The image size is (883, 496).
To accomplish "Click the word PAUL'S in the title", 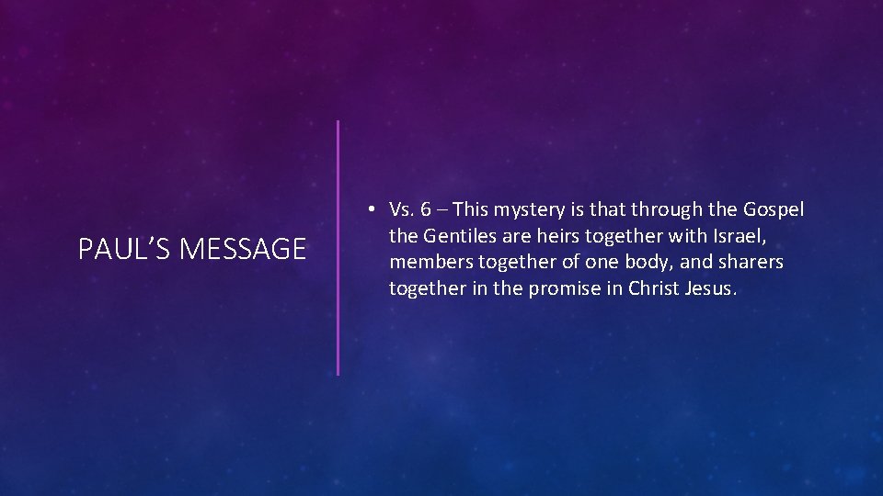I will pyautogui.click(x=114, y=249).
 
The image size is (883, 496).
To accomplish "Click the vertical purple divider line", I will pyautogui.click(x=338, y=248).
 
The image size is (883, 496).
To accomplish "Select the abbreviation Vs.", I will pyautogui.click(x=403, y=210).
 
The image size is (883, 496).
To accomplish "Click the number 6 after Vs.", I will pyautogui.click(x=426, y=210).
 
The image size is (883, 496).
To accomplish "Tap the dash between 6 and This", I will pyautogui.click(x=442, y=210).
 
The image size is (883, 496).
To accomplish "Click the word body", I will pyautogui.click(x=648, y=263).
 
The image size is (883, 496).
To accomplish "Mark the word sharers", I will pyautogui.click(x=749, y=263).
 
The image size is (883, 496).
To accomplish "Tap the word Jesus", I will pyautogui.click(x=711, y=288).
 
